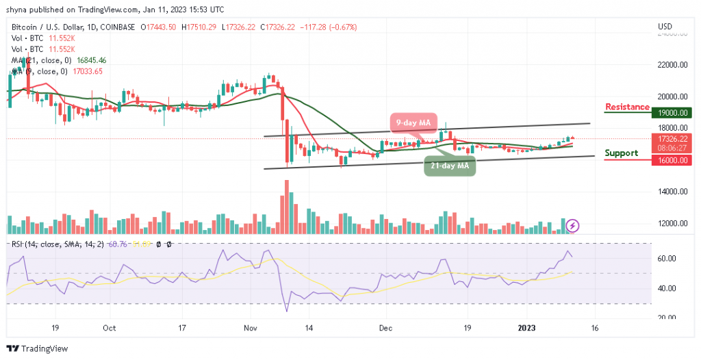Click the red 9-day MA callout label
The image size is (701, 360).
pyautogui.click(x=415, y=123)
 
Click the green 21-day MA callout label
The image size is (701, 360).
pyautogui.click(x=449, y=166)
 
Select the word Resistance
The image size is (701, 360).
pyautogui.click(x=627, y=107)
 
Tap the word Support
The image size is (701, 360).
pyautogui.click(x=621, y=153)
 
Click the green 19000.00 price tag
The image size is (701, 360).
pyautogui.click(x=672, y=113)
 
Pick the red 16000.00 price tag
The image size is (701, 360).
pyautogui.click(x=672, y=159)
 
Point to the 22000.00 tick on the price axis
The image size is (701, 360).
pyautogui.click(x=672, y=65)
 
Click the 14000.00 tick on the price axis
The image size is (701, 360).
pyautogui.click(x=672, y=192)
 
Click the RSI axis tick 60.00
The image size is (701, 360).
pyautogui.click(x=667, y=259)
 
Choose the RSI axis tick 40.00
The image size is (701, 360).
pyautogui.click(x=667, y=288)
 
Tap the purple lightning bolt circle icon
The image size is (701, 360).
pyautogui.click(x=573, y=224)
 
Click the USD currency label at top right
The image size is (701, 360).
pyautogui.click(x=664, y=27)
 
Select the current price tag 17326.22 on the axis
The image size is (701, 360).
pyautogui.click(x=672, y=138)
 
